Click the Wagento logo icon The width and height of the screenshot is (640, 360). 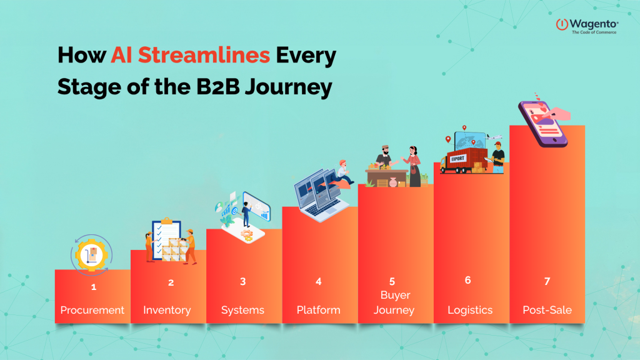pyautogui.click(x=561, y=24)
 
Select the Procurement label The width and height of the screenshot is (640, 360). pyautogui.click(x=92, y=310)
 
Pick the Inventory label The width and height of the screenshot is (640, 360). pyautogui.click(x=167, y=310)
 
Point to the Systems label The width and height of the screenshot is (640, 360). pyautogui.click(x=242, y=310)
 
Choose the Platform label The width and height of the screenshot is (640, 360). pyautogui.click(x=318, y=310)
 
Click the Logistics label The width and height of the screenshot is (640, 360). pyautogui.click(x=470, y=310)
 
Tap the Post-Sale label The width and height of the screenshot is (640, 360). pyautogui.click(x=547, y=310)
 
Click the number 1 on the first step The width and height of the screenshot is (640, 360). pyautogui.click(x=93, y=287)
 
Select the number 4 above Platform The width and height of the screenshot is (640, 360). pyautogui.click(x=318, y=282)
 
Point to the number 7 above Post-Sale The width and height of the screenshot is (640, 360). pyautogui.click(x=547, y=282)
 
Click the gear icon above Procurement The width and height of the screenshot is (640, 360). pyautogui.click(x=92, y=253)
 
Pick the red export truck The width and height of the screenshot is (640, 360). pyautogui.click(x=463, y=157)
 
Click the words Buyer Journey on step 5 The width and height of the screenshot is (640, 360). pyautogui.click(x=394, y=302)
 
